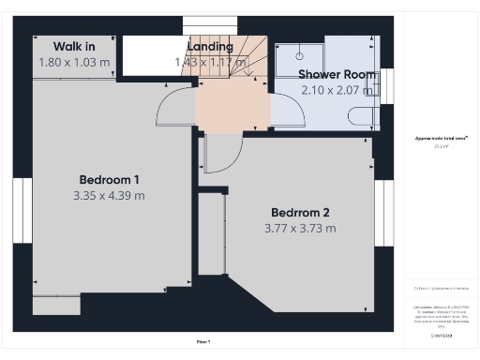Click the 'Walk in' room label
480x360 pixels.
[x=73, y=46]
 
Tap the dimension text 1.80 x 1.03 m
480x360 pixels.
[x=73, y=62]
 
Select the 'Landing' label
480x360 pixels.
[x=209, y=47]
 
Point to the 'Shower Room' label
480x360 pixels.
[x=337, y=74]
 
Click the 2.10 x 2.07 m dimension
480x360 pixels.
[x=337, y=90]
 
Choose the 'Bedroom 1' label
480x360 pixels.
[x=109, y=180]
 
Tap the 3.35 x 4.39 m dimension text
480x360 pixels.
[x=109, y=196]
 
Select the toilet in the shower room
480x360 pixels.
[x=360, y=117]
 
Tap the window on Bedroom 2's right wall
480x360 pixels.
[x=382, y=211]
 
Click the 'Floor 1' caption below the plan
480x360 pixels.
[x=203, y=340]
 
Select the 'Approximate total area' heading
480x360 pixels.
[x=442, y=139]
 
